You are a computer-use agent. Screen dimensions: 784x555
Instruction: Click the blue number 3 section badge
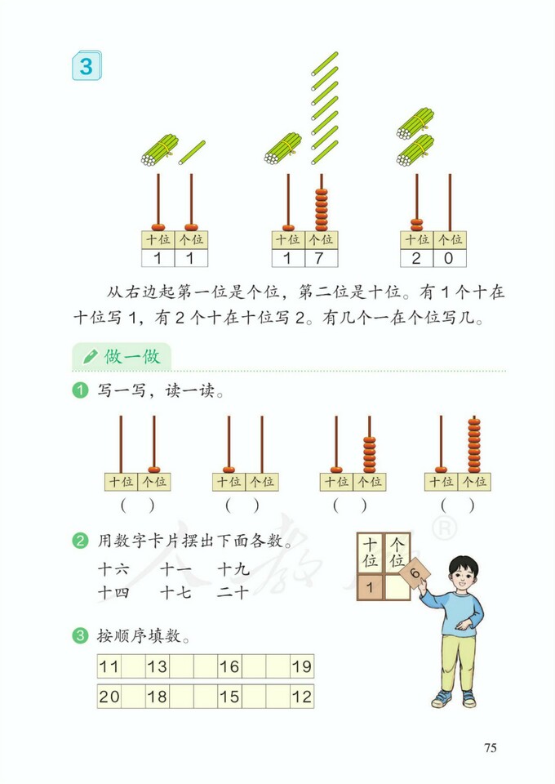click(86, 65)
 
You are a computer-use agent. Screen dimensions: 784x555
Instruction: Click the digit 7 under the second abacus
click(321, 259)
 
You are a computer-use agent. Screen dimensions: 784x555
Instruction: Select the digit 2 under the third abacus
click(416, 259)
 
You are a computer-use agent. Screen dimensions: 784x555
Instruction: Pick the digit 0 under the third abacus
click(449, 259)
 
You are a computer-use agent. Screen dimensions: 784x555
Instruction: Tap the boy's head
click(463, 572)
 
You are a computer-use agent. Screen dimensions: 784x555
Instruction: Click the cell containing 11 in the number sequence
click(109, 666)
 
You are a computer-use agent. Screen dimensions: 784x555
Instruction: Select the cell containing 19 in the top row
click(301, 666)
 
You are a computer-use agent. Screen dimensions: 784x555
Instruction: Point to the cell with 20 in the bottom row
click(109, 697)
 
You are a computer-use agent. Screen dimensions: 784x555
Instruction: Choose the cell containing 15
click(229, 697)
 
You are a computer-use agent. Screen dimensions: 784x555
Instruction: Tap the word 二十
click(233, 592)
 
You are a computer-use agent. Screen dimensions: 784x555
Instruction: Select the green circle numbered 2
click(80, 541)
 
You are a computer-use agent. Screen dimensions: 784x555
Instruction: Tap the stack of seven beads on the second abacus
click(321, 210)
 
